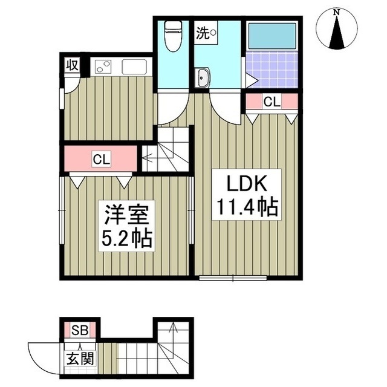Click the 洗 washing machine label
(202, 33)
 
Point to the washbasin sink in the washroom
(204, 77)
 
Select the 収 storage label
(72, 65)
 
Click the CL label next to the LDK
(272, 102)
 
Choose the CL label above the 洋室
(101, 160)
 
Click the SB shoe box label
(80, 330)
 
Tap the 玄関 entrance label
(79, 358)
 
